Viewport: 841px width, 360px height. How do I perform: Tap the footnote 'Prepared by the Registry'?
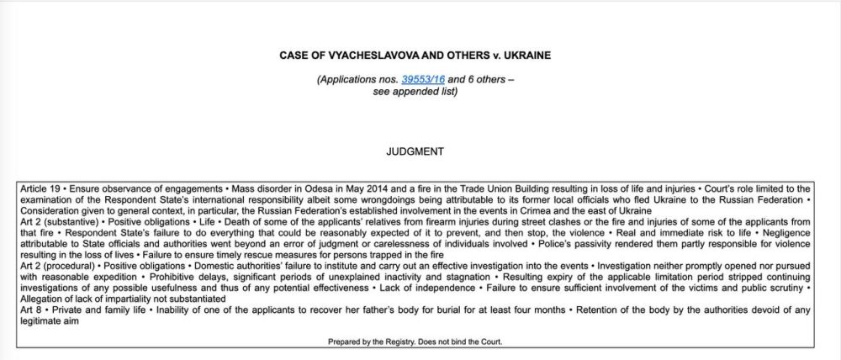[378, 341]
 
